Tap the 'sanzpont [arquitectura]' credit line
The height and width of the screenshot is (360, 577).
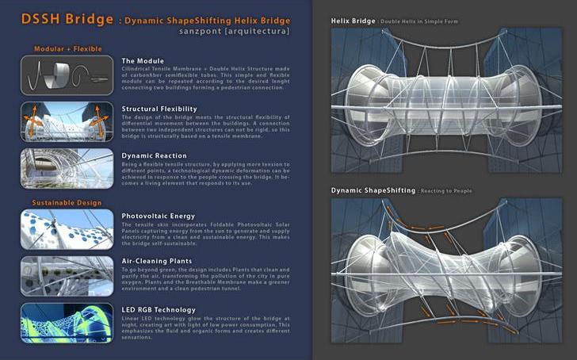239,33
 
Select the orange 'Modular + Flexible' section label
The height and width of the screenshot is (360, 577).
67,49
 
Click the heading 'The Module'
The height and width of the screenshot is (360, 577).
143,60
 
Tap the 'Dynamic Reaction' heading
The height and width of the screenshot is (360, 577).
155,155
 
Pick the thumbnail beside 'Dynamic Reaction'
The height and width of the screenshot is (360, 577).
67,168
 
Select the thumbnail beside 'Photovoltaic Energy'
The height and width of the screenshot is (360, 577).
67,228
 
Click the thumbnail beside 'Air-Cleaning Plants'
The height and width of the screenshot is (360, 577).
67,274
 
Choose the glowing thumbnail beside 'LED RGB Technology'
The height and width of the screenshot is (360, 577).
67,322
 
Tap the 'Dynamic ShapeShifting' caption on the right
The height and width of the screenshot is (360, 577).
373,191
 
